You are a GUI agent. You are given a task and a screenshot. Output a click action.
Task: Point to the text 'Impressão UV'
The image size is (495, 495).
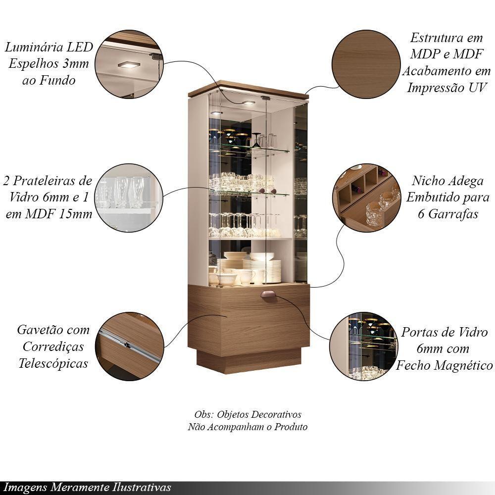click(x=447, y=88)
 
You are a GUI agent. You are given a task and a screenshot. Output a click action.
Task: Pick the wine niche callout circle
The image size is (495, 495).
click(x=367, y=198)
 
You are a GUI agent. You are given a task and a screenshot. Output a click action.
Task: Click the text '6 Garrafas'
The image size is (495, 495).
click(x=446, y=215)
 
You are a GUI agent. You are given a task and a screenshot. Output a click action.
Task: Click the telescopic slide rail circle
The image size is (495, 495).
click(x=129, y=346)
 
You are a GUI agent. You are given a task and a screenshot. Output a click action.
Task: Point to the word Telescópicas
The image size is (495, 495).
click(x=53, y=363)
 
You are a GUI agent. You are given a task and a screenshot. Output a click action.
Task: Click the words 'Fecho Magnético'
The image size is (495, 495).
click(x=444, y=366)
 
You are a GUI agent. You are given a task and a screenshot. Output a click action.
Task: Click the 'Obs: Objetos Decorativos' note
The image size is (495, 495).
click(x=247, y=415)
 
